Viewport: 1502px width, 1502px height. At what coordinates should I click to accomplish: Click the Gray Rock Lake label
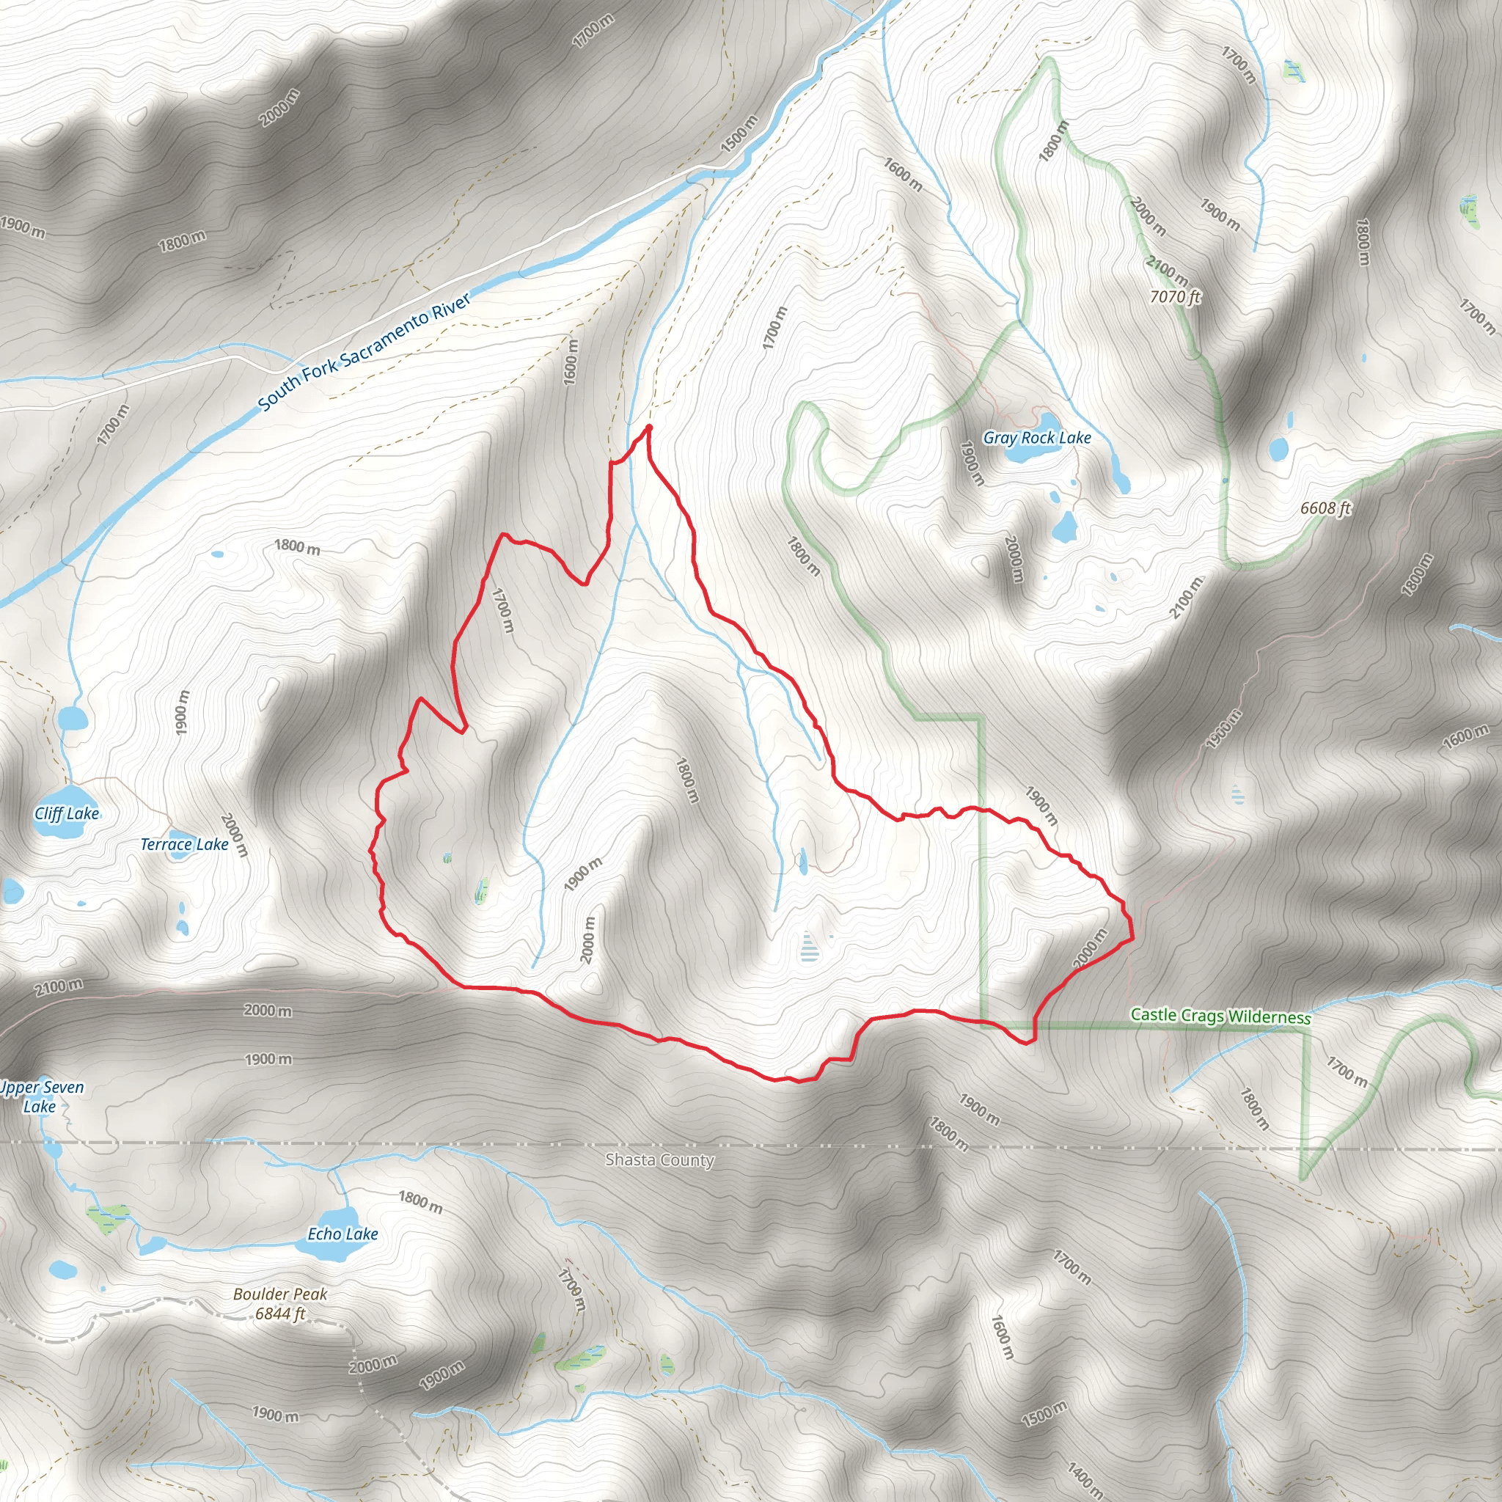pos(1037,438)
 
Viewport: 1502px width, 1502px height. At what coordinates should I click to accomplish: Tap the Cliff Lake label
pos(67,813)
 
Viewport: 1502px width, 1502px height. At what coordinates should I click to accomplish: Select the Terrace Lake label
pos(184,844)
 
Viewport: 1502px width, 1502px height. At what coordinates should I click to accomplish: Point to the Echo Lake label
pos(342,1234)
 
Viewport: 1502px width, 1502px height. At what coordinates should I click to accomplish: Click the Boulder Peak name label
pos(280,1294)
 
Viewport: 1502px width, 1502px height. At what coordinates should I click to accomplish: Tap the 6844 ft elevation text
pos(280,1314)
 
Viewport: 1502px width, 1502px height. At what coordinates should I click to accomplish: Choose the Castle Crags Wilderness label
pos(1220,1016)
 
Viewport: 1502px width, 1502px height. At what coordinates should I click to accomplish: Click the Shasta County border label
pos(659,1160)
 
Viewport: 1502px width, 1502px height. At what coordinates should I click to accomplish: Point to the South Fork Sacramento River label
pos(364,351)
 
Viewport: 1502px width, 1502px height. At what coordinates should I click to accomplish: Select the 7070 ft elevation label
pos(1175,296)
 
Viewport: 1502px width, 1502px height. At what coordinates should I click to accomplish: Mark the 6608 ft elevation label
pos(1325,508)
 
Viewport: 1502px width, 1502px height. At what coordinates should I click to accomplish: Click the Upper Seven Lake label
pos(40,1097)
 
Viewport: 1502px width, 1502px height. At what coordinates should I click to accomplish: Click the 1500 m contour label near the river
pos(739,133)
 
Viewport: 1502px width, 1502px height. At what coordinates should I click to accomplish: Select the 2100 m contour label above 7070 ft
pos(1167,271)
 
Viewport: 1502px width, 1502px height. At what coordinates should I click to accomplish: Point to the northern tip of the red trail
pos(648,427)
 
